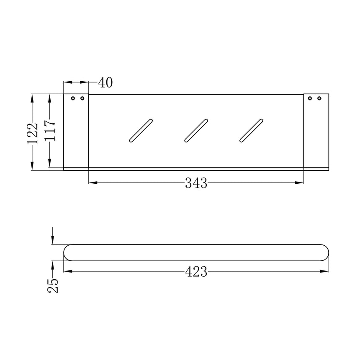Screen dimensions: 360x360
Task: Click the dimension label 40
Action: (x=105, y=83)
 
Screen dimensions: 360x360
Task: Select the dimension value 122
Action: (x=32, y=134)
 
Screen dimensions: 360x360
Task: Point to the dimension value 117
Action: (x=50, y=131)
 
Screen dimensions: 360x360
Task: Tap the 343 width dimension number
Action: (x=196, y=183)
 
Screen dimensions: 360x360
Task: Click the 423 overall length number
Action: (x=196, y=272)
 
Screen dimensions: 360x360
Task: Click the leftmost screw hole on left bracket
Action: (x=73, y=99)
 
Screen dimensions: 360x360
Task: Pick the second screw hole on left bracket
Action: (x=82, y=99)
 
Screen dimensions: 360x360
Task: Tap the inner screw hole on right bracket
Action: (x=310, y=99)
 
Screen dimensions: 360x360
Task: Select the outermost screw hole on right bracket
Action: (x=319, y=99)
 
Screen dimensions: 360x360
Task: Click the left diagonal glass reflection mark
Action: (x=141, y=131)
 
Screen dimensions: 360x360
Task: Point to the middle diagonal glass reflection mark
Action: (x=196, y=131)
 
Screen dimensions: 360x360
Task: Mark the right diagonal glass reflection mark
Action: (x=251, y=131)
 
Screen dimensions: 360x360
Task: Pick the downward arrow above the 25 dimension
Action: (x=53, y=239)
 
